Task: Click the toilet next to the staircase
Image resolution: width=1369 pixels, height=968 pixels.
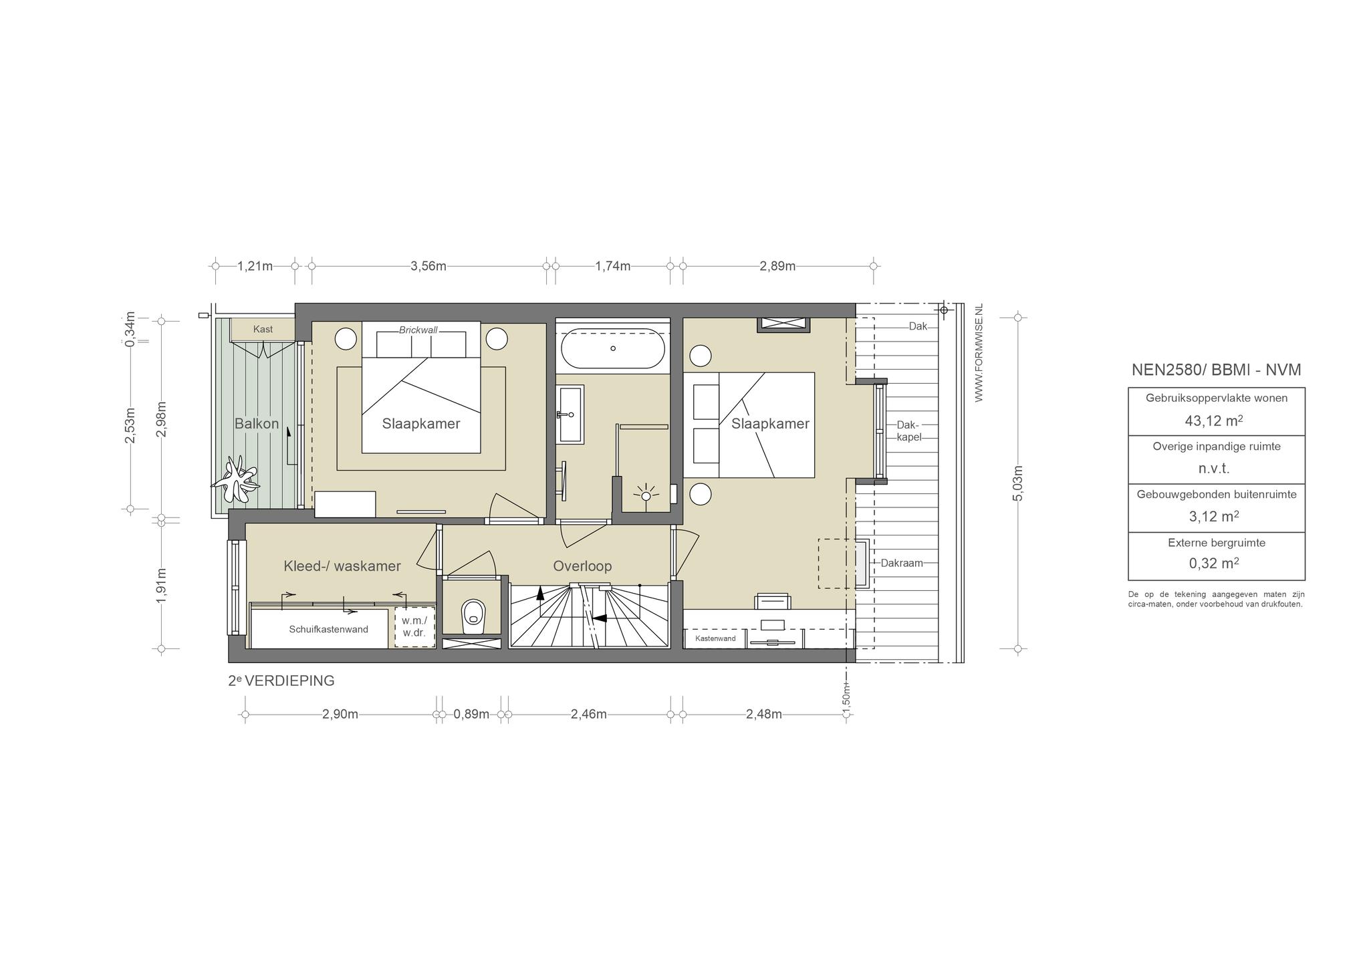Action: (473, 615)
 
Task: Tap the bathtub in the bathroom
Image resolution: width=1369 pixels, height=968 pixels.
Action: (612, 348)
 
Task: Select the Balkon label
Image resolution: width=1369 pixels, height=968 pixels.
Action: (257, 424)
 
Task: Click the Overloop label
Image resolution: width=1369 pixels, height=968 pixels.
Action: (582, 566)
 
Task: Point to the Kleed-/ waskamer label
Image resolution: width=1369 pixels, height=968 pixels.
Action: (342, 566)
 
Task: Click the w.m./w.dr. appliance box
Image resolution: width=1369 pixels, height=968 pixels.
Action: (414, 626)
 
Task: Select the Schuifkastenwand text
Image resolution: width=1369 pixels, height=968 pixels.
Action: (329, 629)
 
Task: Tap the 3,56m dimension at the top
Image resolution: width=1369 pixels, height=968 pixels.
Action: (428, 266)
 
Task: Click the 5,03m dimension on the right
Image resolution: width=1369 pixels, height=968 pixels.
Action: (1018, 483)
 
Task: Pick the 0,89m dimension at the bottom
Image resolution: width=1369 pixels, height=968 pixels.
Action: (471, 714)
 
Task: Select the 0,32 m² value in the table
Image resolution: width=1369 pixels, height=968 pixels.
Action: (1214, 564)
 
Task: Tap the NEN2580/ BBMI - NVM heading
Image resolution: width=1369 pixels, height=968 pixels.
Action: (1217, 370)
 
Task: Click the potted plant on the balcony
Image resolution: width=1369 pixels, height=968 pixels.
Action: (235, 479)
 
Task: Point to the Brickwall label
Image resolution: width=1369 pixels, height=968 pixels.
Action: (418, 330)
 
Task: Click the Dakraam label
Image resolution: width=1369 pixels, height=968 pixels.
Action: (902, 563)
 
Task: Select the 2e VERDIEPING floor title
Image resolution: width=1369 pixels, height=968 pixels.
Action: (281, 681)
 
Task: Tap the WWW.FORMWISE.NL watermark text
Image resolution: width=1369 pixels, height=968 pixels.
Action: (979, 353)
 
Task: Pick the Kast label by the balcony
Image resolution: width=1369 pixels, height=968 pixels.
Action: (263, 330)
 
